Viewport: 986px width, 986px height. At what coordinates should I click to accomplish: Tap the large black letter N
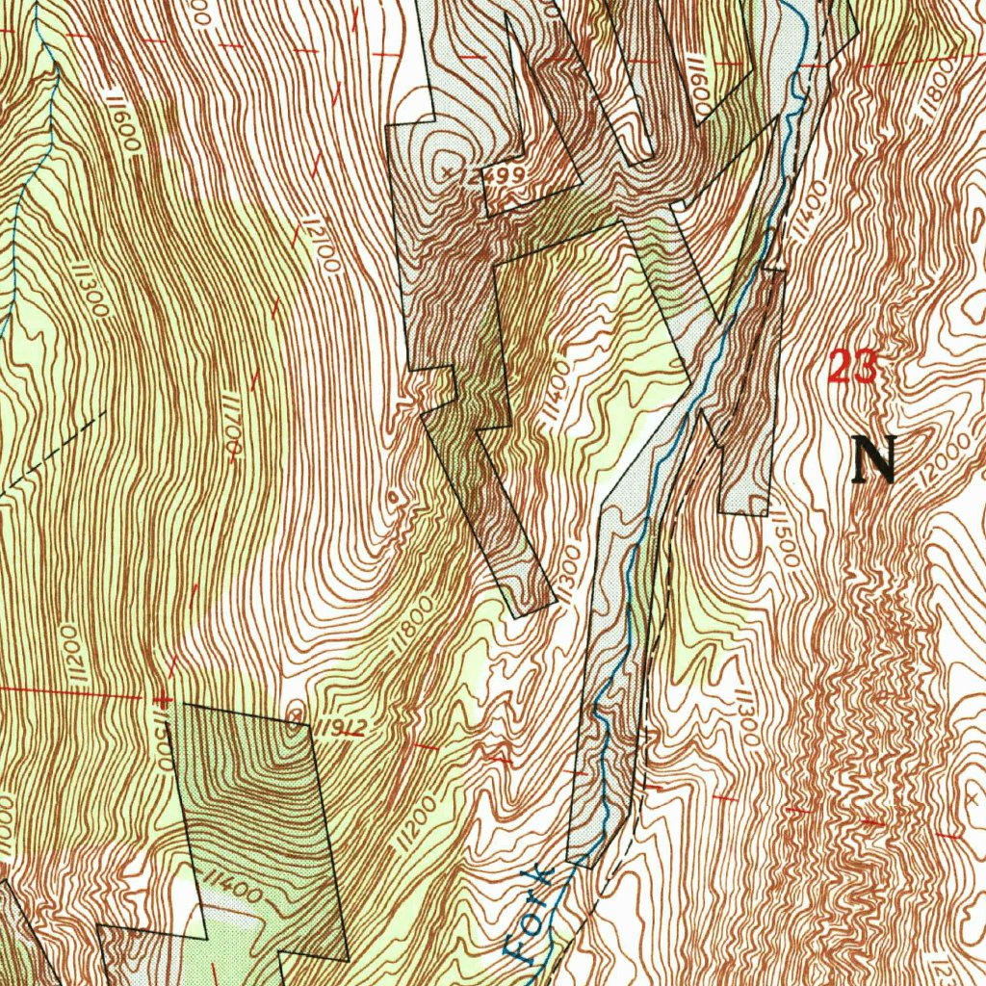875,459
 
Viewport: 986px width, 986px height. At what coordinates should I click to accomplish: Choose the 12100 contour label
317,244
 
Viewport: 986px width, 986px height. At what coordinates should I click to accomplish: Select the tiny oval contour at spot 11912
297,712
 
